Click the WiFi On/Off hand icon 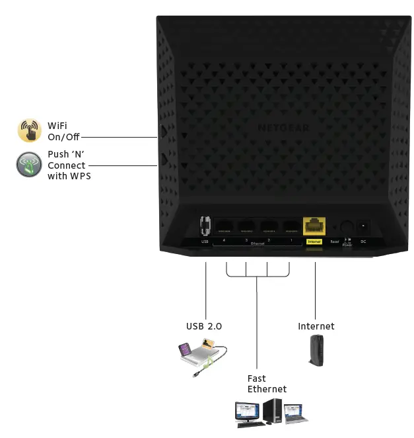point(29,130)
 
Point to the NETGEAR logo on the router point(275,128)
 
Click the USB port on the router point(205,226)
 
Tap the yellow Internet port point(314,226)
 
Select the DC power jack point(363,227)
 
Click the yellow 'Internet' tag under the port point(314,242)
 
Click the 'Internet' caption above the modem point(316,326)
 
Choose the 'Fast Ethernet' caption point(267,384)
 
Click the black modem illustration point(315,351)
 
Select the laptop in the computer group point(294,414)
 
